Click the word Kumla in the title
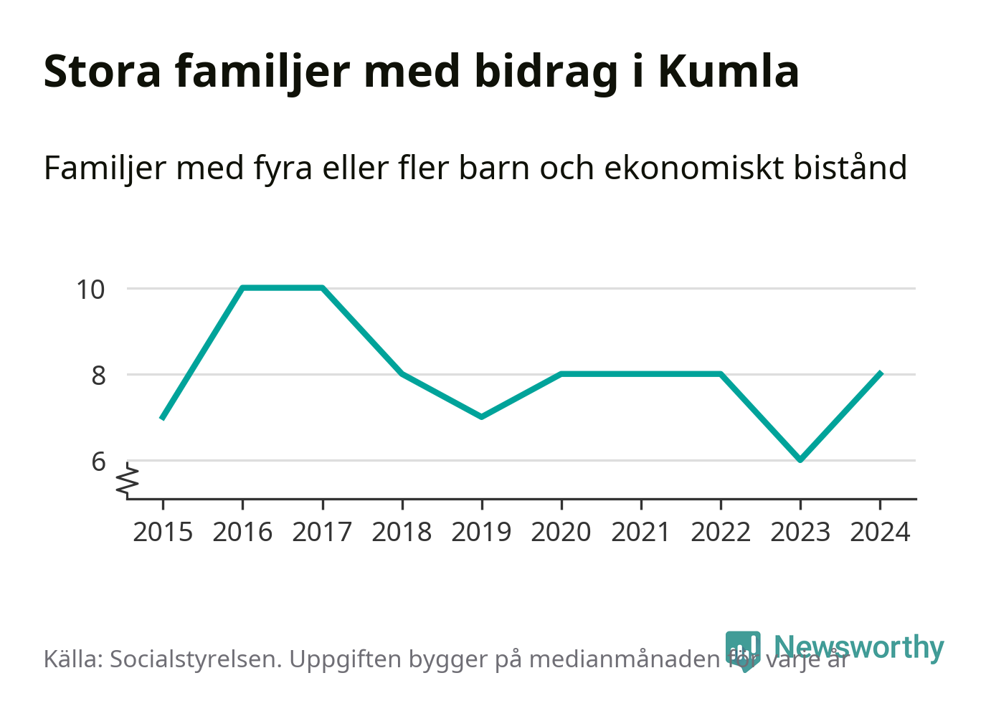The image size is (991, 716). (x=728, y=72)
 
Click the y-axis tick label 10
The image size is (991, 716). (x=91, y=290)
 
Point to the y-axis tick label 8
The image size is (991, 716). (x=98, y=376)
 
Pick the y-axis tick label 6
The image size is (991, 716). (x=98, y=462)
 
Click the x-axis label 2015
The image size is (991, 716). (x=163, y=533)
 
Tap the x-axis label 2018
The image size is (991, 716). (x=402, y=533)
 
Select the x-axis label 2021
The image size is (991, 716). (x=640, y=533)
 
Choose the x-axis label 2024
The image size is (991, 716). (x=879, y=533)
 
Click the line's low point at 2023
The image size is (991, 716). (x=800, y=459)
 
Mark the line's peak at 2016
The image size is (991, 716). (x=243, y=288)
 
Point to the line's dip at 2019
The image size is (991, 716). (x=481, y=416)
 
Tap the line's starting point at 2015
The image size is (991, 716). (x=163, y=417)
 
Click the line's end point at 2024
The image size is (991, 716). (x=880, y=373)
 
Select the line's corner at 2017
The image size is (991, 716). (x=323, y=288)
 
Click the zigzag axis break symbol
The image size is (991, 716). (x=129, y=479)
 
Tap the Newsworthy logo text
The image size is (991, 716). (x=858, y=647)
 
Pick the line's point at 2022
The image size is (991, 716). (x=720, y=374)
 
